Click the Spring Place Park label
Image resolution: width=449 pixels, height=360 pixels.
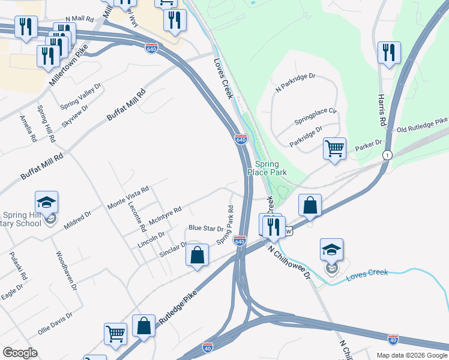[271, 168]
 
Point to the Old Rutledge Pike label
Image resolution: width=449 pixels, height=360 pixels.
[422, 125]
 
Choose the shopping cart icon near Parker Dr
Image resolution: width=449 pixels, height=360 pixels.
[334, 148]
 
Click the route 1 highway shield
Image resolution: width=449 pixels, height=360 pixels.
[388, 154]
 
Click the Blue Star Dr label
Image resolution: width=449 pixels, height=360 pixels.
[206, 228]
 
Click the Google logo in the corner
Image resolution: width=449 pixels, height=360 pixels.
[20, 353]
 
